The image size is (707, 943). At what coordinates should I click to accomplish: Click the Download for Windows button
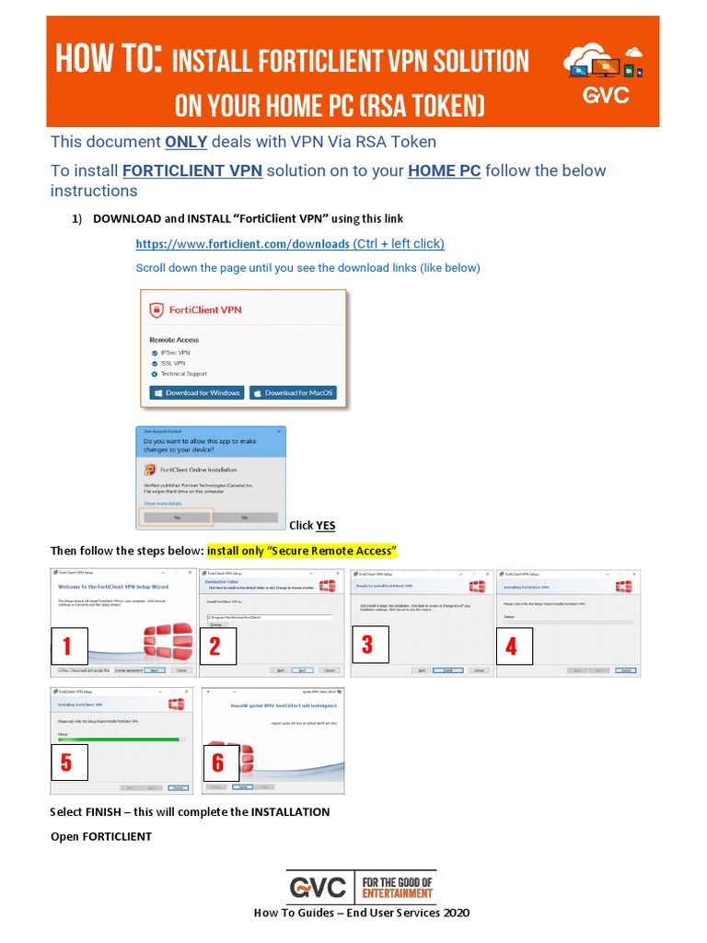click(197, 392)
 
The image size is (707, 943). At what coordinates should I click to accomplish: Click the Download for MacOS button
click(293, 392)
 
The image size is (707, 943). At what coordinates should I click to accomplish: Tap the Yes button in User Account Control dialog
click(177, 518)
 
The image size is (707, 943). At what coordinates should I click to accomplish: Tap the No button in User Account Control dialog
click(244, 518)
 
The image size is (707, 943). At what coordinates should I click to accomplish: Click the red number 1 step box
click(68, 646)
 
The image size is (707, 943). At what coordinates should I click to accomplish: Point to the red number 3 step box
click(368, 645)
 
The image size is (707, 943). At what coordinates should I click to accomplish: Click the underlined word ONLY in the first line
click(186, 142)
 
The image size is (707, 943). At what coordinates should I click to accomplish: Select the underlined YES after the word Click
click(326, 526)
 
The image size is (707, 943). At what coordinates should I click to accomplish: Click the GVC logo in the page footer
click(318, 888)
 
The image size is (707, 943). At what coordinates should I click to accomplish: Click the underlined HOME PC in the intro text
click(445, 171)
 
